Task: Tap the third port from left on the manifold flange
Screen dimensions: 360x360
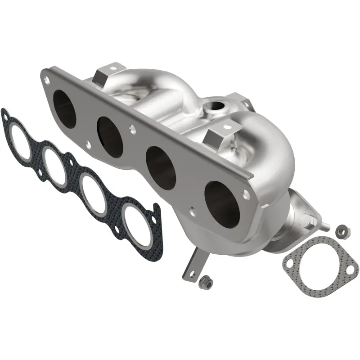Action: pos(161,167)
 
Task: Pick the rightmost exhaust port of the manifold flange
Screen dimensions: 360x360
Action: pos(221,203)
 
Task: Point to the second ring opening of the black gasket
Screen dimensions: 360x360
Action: pos(55,165)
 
